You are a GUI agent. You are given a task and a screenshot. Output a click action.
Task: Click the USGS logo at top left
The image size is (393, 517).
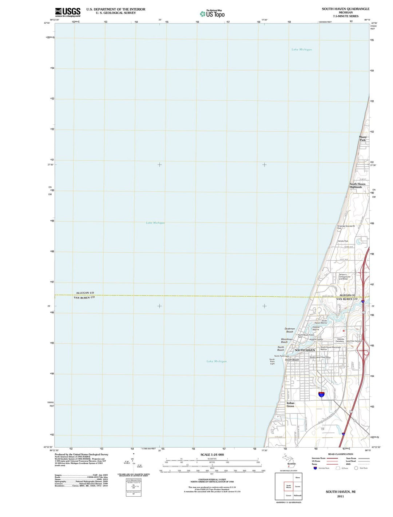[x=68, y=12]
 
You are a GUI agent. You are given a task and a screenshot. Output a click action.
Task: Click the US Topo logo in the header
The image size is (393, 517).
[x=212, y=14]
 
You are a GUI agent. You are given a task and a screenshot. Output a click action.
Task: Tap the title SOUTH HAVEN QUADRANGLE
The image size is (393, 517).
[x=345, y=9]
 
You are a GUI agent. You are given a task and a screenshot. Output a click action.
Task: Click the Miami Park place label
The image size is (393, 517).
[x=362, y=139]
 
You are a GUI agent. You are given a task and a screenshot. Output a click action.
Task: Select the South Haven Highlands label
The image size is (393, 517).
[x=357, y=185]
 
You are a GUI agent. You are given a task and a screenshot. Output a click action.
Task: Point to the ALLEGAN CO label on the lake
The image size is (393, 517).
[x=85, y=293]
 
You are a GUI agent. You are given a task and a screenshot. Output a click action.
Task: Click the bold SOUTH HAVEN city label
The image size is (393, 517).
[x=305, y=350]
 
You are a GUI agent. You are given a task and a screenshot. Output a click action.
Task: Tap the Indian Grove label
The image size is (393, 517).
[x=290, y=405]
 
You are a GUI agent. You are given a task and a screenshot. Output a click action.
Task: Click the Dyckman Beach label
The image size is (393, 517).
[x=290, y=330]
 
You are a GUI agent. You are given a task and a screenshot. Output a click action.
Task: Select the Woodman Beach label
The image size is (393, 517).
[x=286, y=341]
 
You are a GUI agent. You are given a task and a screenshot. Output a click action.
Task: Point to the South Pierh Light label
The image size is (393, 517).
[x=272, y=361]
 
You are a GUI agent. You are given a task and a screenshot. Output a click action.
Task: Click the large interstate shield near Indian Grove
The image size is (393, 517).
[x=321, y=394]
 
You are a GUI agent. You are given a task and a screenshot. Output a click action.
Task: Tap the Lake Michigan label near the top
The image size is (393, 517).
[x=301, y=49]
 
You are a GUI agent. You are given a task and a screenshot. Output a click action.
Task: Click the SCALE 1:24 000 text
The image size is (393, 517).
[x=212, y=454]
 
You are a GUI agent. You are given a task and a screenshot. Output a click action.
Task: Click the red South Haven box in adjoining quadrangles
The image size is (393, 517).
[x=289, y=486]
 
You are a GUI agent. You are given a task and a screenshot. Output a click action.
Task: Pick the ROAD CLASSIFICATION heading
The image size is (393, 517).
[x=340, y=454]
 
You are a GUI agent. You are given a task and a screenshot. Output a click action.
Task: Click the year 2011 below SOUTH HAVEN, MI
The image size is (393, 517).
[x=340, y=496]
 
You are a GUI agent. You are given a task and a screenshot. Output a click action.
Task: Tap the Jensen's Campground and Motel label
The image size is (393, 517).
[x=345, y=277]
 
